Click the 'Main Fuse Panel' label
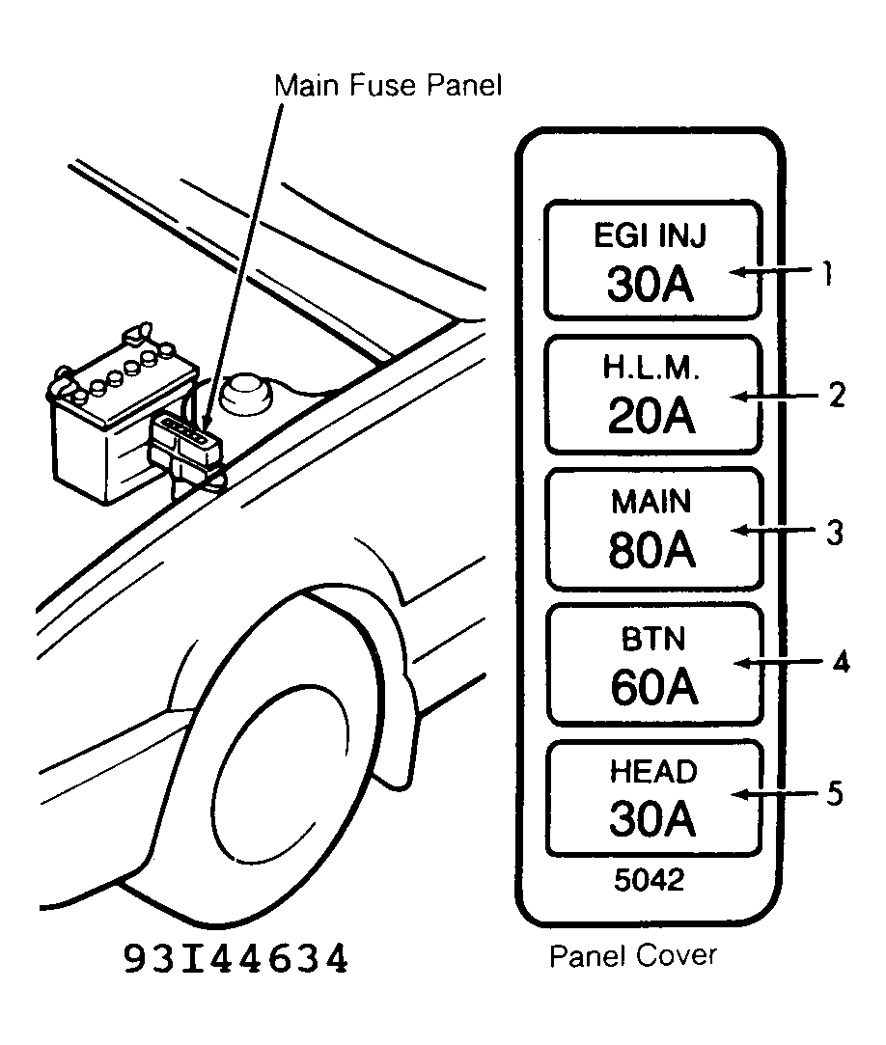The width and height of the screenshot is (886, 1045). (389, 85)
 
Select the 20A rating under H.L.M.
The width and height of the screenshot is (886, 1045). (651, 416)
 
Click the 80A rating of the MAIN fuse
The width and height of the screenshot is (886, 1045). (651, 550)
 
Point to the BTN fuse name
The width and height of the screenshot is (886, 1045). (651, 640)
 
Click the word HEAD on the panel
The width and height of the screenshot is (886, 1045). (651, 772)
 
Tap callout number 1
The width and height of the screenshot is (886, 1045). (827, 275)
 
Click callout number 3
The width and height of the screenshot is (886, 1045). (836, 532)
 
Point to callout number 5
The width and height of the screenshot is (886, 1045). (836, 793)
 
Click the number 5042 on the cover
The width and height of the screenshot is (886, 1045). (651, 880)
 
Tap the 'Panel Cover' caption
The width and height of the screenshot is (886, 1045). (633, 955)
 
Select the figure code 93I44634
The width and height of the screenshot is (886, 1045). (235, 959)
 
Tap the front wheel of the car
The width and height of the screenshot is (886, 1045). (280, 762)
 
